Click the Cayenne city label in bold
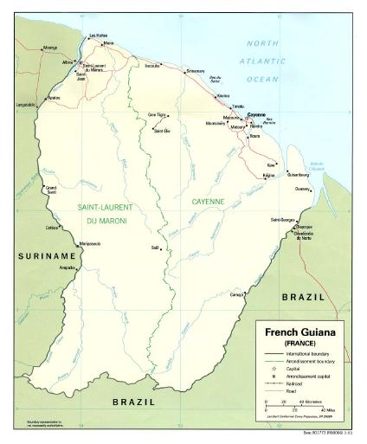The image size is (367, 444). tap(256, 114)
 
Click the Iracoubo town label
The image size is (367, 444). tap(152, 65)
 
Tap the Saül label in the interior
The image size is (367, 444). tap(156, 248)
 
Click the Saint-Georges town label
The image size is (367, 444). tap(282, 220)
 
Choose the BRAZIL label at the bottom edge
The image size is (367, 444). tap(133, 402)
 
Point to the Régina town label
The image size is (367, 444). tap(269, 176)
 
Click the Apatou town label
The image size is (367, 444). tap(54, 98)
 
